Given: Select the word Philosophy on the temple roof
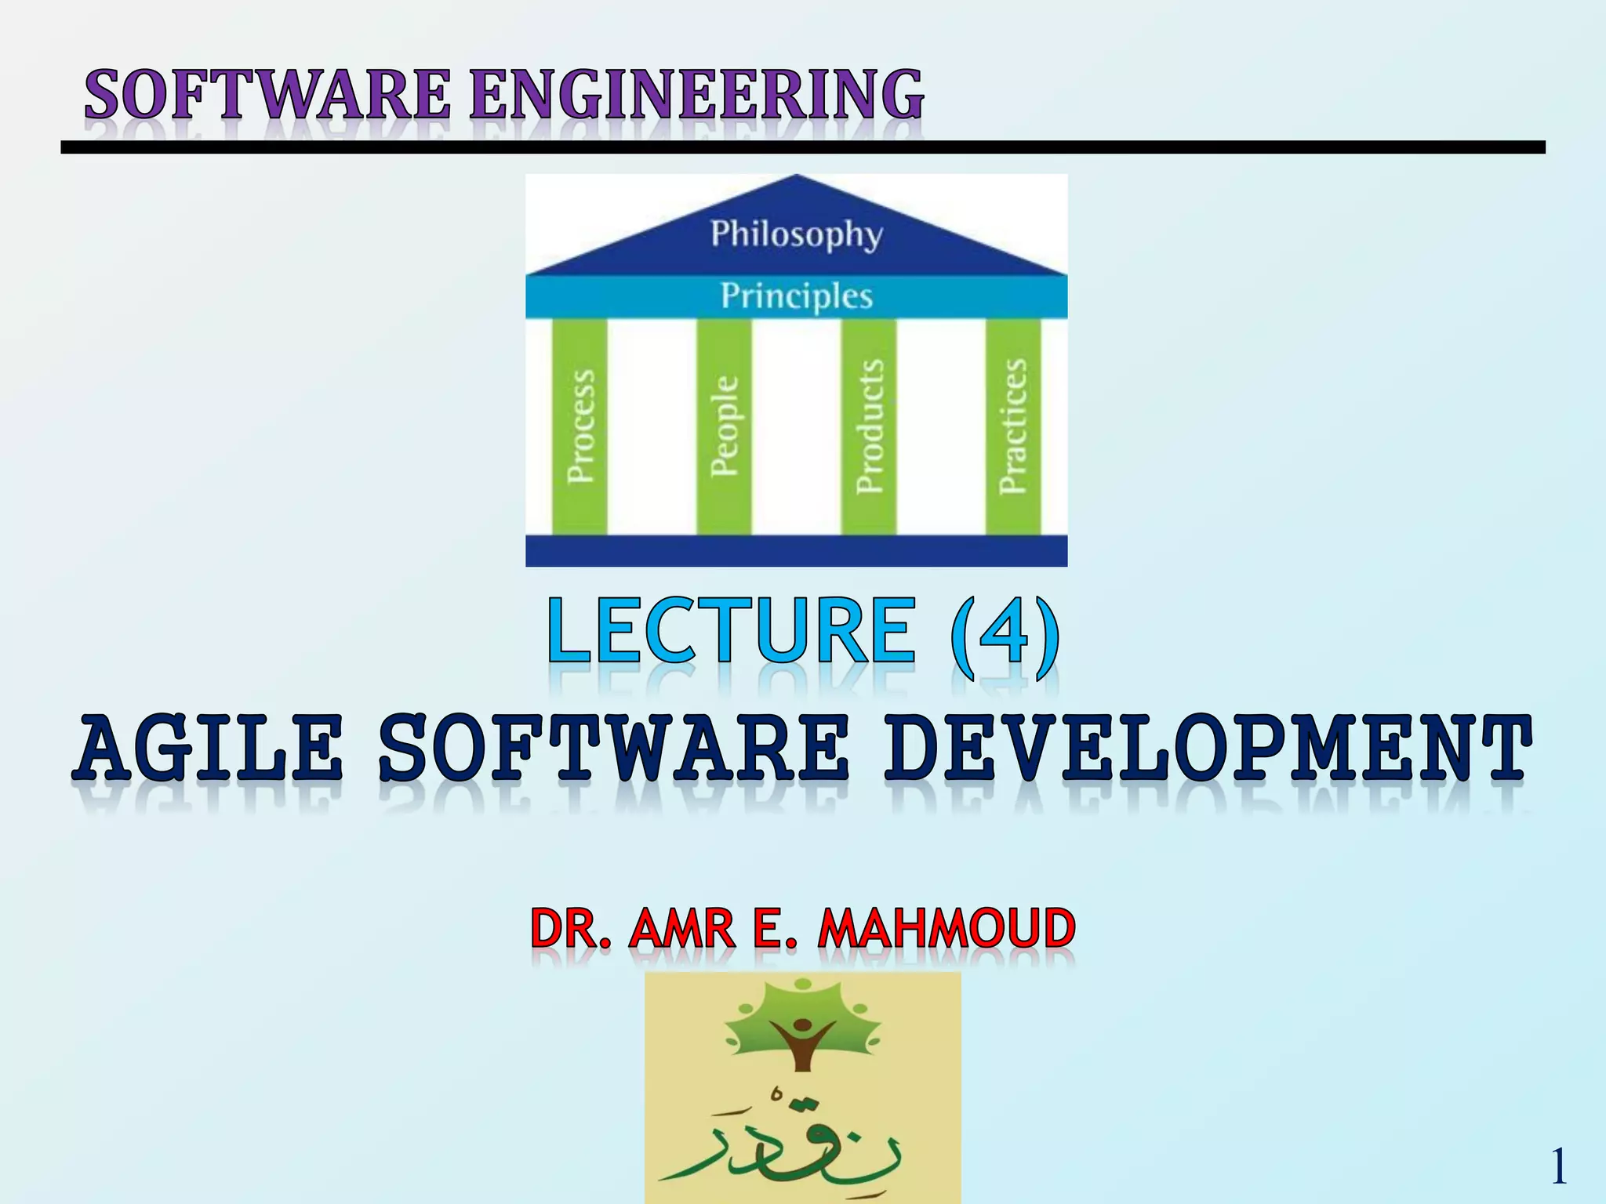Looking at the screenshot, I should click(796, 234).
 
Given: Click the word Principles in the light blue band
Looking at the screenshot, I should click(796, 296).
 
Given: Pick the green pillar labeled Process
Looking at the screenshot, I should click(580, 427).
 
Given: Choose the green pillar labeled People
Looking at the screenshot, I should click(724, 427).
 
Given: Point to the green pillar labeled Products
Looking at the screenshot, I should click(869, 427).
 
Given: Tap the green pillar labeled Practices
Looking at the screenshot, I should click(1013, 427).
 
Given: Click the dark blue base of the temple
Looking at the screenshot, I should click(796, 550).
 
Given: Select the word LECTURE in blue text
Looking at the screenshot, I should click(731, 631).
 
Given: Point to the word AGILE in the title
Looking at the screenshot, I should click(210, 749).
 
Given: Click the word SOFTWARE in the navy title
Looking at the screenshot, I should click(613, 749).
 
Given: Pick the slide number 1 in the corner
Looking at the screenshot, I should click(1558, 1166).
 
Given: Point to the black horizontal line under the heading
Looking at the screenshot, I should click(803, 147).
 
